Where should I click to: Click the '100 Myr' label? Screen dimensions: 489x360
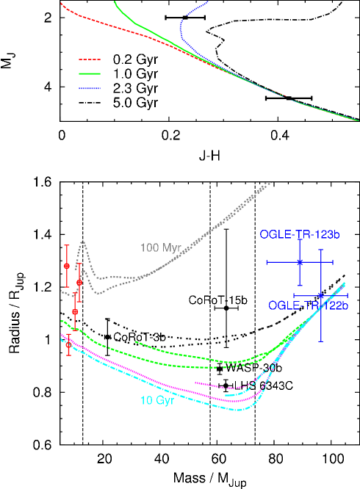coord(160,247)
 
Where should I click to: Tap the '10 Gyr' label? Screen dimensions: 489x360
coord(157,401)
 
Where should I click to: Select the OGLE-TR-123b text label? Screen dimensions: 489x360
coord(299,235)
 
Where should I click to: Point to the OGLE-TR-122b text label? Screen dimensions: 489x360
coord(307,305)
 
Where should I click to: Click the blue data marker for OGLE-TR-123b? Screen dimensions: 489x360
coord(300,262)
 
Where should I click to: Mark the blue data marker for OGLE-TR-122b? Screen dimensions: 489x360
coord(321,296)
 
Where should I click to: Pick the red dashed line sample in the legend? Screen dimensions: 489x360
coord(90,59)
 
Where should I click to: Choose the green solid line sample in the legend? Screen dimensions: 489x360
coord(90,73)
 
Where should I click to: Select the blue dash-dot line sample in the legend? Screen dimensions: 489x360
coord(90,88)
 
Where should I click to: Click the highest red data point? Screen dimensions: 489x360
coord(67,265)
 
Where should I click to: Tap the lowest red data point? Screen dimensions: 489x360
coord(69,344)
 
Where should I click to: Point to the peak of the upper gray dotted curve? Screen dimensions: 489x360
coord(83,242)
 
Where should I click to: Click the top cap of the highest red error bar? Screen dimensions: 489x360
coord(67,245)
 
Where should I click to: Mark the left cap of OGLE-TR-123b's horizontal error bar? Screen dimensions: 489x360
coord(267,262)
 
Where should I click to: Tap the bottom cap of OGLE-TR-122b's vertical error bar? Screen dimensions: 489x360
coord(321,341)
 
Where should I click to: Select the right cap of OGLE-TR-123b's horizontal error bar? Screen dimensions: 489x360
coord(333,262)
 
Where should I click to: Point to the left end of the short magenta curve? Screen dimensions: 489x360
coord(195,383)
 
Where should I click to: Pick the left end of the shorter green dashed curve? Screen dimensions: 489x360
coord(136,341)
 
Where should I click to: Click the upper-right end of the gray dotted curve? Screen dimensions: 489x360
coord(271,181)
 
